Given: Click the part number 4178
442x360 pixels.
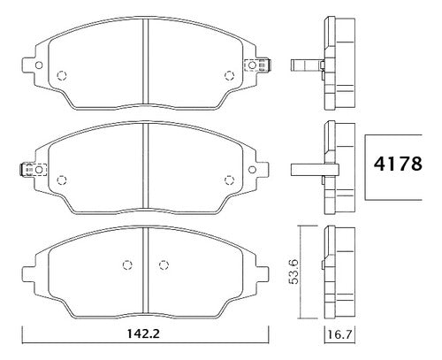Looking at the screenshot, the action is [398, 164].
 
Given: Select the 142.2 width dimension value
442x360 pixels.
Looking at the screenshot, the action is [143, 333].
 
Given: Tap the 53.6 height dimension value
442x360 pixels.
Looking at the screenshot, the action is [293, 272].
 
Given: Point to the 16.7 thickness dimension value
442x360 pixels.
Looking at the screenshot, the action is [339, 334].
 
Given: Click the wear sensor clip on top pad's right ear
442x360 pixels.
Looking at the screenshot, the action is [258, 65].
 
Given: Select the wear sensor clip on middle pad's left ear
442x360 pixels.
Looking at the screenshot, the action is [33, 170].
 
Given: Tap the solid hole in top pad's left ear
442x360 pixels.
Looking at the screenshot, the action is [39, 65].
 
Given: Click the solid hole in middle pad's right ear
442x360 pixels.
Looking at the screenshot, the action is [252, 170].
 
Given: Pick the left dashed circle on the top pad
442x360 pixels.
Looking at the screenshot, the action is [62, 75].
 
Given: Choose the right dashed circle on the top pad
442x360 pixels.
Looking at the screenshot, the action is [229, 75].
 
